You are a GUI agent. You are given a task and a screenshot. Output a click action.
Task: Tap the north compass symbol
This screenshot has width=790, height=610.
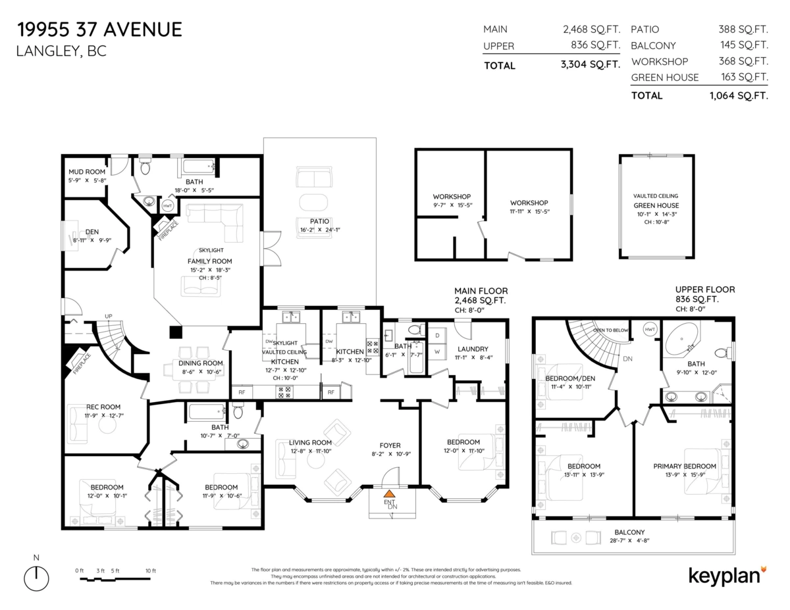[36, 577]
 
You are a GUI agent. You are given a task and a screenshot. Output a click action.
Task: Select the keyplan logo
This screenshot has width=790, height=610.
[727, 574]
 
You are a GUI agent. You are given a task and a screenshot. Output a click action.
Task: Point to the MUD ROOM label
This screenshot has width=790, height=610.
[87, 172]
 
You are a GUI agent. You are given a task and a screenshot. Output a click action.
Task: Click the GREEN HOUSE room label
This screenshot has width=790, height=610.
[656, 205]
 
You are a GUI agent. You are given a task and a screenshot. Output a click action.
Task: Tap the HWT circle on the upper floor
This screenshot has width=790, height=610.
[650, 329]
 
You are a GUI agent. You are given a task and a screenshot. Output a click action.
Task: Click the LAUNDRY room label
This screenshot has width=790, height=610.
[472, 349]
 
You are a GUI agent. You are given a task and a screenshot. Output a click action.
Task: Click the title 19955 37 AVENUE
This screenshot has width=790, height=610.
[99, 30]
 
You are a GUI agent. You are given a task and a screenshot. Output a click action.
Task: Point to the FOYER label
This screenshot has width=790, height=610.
[390, 445]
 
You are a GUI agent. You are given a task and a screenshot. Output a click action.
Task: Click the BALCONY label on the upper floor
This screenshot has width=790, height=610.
[629, 532]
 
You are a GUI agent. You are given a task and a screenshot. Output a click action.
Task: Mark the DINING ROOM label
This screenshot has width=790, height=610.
[201, 363]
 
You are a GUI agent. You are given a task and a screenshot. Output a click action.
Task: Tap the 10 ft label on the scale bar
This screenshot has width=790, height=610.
[149, 571]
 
